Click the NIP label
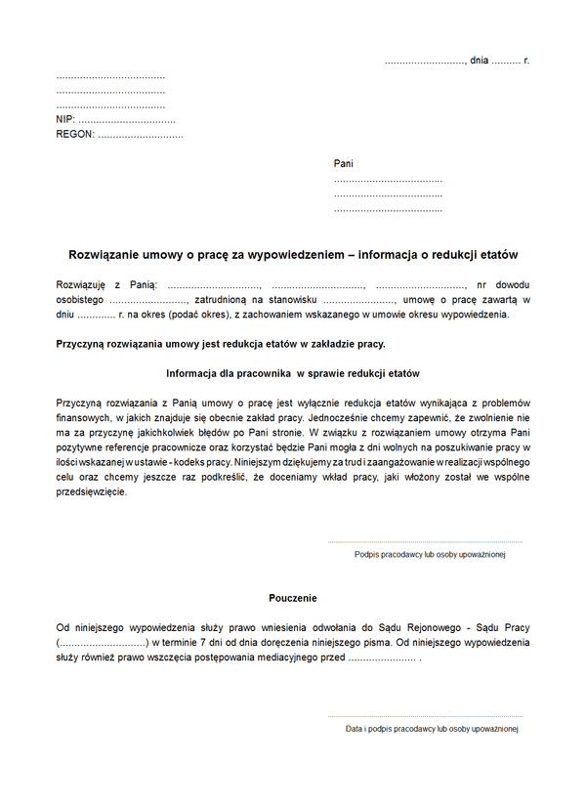coord(66,119)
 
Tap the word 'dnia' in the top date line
coord(479,61)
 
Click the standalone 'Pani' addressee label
coord(343,164)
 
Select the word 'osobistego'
coord(80,300)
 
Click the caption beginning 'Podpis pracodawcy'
coord(429,554)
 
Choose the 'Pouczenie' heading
coord(293,598)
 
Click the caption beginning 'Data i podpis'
coord(431,729)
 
